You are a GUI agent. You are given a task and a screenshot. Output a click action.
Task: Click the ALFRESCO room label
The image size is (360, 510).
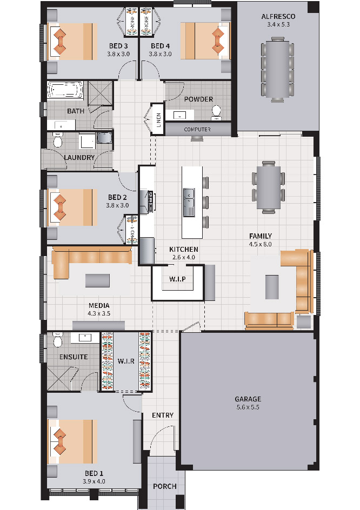pos(278,16)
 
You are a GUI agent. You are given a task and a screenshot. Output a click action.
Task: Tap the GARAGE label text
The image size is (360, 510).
pos(248,399)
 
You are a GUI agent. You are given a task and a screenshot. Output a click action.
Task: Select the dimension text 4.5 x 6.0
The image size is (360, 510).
pos(261,244)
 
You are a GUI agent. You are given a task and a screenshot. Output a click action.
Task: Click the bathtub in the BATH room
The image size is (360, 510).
pos(65,90)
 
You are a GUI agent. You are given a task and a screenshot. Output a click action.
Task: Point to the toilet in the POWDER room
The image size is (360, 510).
pos(216,111)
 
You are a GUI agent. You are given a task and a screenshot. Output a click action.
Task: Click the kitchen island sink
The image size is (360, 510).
pos(189,202)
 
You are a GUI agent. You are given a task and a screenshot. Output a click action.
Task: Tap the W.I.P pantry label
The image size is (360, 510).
pos(177,279)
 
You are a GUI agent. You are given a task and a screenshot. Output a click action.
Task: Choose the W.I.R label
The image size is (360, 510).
pos(126,361)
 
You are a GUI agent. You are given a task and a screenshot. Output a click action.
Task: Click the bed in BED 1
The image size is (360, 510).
pos(72,441)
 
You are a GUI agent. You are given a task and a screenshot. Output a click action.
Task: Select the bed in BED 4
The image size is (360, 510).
pos(205,41)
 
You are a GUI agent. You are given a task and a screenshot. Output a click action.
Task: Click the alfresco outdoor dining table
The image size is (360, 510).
pos(278,69)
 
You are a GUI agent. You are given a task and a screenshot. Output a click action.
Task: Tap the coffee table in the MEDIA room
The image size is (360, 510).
pos(98,280)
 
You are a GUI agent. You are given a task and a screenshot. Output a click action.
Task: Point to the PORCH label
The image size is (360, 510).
pos(165,486)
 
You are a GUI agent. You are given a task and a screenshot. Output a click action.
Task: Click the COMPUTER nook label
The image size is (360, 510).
pos(197,129)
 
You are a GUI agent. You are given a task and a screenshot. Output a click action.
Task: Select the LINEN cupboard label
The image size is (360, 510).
pos(158,119)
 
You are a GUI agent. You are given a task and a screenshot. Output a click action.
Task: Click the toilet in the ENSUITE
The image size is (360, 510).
pos(58,340)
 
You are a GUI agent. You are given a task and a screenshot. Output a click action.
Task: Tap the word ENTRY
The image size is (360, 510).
pos(163,415)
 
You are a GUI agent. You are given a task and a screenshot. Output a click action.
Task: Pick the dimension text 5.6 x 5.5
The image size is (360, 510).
pos(248,407)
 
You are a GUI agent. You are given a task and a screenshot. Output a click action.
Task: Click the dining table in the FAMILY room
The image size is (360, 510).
pos(269,187)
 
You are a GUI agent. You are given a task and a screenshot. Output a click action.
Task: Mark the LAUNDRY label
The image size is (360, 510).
pos(79,157)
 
